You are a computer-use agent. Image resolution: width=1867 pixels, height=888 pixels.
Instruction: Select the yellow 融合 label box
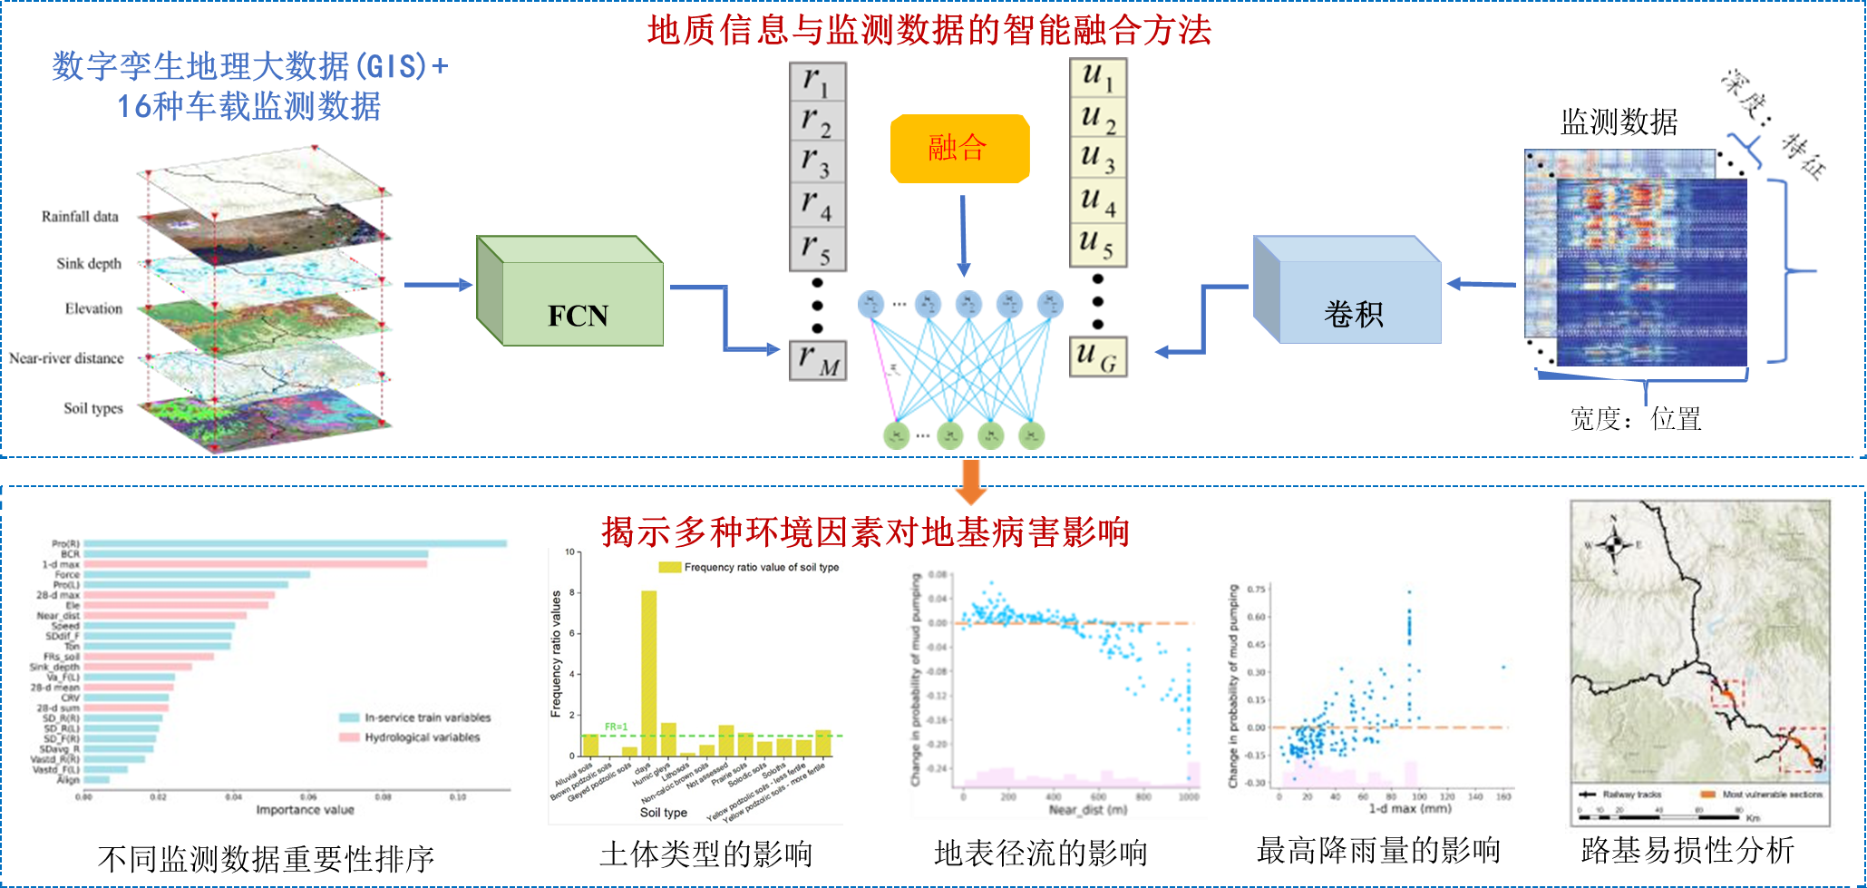959,148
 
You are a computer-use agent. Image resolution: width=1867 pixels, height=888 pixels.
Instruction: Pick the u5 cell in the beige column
1098,245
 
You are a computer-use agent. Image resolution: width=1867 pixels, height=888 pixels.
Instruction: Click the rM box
817,360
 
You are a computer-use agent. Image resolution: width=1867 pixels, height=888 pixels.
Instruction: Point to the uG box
1098,356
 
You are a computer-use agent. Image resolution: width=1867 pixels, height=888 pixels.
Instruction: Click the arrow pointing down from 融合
963,236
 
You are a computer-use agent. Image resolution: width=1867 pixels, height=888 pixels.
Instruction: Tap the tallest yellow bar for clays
649,671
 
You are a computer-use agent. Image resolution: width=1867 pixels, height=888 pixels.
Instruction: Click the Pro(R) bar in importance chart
295,543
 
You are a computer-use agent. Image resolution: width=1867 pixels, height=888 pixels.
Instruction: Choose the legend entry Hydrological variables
422,737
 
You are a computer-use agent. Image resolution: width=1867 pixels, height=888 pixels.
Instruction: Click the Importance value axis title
305,809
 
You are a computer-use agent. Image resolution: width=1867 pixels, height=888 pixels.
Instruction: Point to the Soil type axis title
663,813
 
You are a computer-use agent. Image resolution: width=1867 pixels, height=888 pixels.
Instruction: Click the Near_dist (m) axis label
1087,809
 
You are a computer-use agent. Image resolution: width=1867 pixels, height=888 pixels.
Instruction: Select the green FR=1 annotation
616,727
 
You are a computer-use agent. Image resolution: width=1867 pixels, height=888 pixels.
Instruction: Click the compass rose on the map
1613,544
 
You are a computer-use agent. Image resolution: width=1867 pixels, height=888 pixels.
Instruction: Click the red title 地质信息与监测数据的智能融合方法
929,31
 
